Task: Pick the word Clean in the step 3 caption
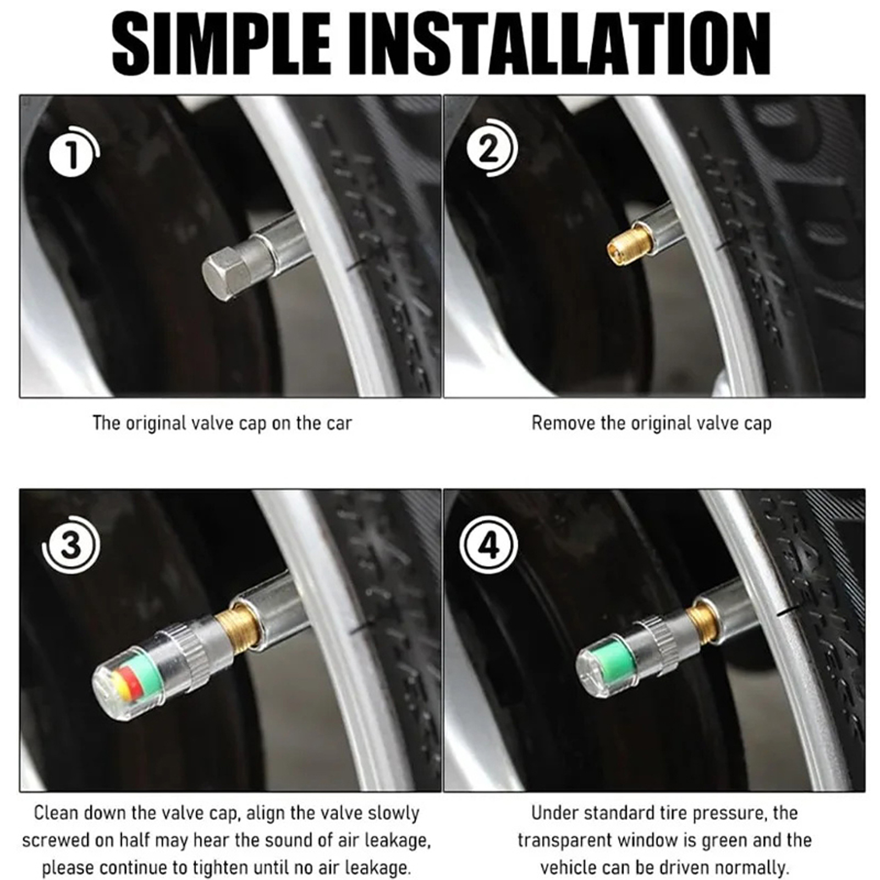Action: (57, 812)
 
